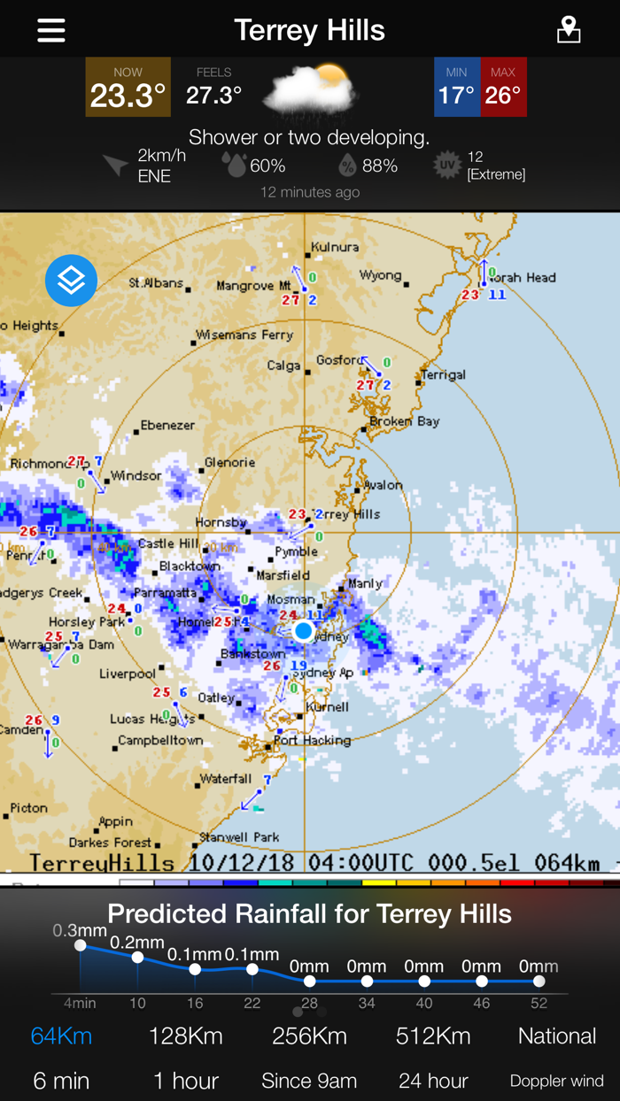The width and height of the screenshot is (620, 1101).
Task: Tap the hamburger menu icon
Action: (51, 30)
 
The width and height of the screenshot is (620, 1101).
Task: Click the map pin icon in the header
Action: (569, 30)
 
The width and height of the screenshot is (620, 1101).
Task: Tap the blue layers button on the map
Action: (71, 281)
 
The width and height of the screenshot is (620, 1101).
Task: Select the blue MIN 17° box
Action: (457, 88)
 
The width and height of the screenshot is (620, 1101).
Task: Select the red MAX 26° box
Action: (503, 88)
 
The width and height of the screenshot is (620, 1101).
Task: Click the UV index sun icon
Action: (448, 166)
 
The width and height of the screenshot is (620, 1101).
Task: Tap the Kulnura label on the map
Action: (336, 247)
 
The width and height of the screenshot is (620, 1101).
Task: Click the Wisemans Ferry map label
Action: (232, 335)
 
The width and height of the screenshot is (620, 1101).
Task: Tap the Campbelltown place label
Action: (160, 741)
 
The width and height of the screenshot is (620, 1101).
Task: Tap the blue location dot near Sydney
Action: (304, 630)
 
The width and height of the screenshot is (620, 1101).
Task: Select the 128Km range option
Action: (185, 1036)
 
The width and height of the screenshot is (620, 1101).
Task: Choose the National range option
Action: (557, 1036)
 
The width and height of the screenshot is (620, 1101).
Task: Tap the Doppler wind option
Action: (557, 1081)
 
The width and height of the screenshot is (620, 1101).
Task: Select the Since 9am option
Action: (309, 1081)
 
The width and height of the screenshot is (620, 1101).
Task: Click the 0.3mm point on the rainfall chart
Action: (81, 945)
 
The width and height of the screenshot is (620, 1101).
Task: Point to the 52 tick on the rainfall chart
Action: (539, 1003)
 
